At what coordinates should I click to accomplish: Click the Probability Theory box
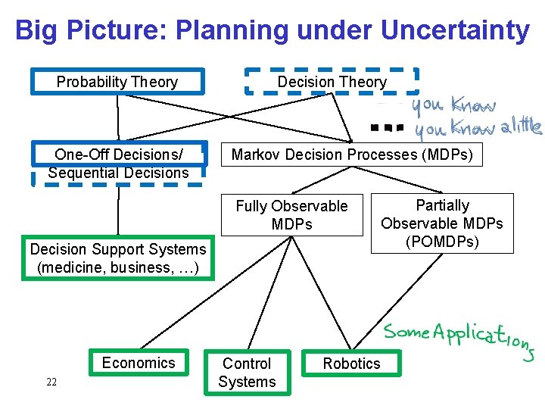117,82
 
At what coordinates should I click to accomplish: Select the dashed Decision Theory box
332,82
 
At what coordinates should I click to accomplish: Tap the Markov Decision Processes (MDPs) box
351,155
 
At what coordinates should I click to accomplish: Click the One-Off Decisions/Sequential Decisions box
117,164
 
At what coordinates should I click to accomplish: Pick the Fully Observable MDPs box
291,215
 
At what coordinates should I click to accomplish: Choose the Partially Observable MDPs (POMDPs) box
442,223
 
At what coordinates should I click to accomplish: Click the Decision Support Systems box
117,258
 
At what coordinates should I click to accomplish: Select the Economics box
138,363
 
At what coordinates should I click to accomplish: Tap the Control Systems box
247,373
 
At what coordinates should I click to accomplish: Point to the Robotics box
351,364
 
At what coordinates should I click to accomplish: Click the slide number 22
51,382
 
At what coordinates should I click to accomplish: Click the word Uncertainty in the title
455,30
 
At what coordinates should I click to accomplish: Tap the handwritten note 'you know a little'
477,129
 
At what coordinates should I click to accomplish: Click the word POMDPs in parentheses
442,242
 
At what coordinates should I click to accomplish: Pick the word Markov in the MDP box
255,155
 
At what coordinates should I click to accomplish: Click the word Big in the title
36,30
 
